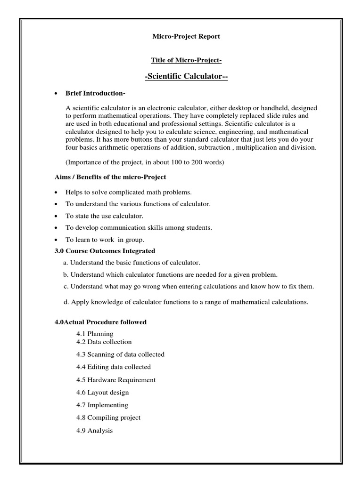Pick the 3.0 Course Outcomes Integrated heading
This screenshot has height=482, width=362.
coord(105,251)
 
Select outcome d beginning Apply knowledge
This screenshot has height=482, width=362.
coord(186,302)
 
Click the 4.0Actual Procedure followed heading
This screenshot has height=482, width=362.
coord(101,322)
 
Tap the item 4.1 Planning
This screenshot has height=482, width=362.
coord(94,334)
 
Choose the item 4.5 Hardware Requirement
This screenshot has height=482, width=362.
coord(115,379)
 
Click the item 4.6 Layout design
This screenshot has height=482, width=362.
coord(102,392)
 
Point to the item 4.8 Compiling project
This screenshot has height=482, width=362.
coord(108,418)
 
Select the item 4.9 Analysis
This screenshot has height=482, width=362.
coord(94,430)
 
